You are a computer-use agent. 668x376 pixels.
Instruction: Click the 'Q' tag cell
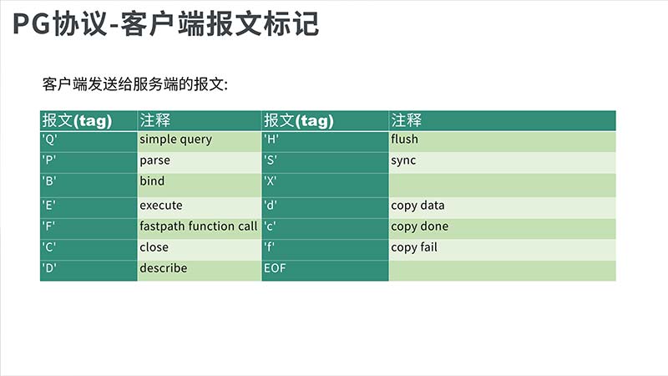(x=89, y=141)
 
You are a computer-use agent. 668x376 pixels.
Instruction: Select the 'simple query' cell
(x=200, y=141)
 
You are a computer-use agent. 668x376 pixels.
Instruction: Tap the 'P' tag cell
(x=89, y=162)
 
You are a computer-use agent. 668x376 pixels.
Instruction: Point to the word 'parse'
(x=154, y=160)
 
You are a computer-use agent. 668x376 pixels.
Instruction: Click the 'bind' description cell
(x=200, y=185)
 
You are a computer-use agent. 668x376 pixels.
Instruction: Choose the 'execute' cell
(x=200, y=207)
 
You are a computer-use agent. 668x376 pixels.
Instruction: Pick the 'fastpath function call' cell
(x=200, y=228)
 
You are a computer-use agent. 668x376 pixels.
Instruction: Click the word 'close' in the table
(x=154, y=247)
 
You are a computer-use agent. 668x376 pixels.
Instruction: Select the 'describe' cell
(x=200, y=270)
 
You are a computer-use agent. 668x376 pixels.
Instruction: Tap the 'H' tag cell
(x=325, y=141)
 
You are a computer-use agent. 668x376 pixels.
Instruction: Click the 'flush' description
(x=404, y=139)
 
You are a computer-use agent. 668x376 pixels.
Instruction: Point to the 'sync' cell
(x=503, y=162)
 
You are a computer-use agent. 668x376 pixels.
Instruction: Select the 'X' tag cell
(x=325, y=185)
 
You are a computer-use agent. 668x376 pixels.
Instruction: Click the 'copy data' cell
(x=503, y=207)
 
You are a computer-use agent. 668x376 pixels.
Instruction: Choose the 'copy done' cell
(x=503, y=228)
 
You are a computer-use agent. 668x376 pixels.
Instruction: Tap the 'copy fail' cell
(x=503, y=249)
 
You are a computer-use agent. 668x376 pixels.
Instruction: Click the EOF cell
(x=325, y=270)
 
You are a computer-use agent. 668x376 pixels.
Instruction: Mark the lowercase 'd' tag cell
(x=325, y=207)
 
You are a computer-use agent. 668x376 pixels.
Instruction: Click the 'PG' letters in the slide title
(x=32, y=24)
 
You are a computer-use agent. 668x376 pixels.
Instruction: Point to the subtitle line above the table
(x=135, y=84)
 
